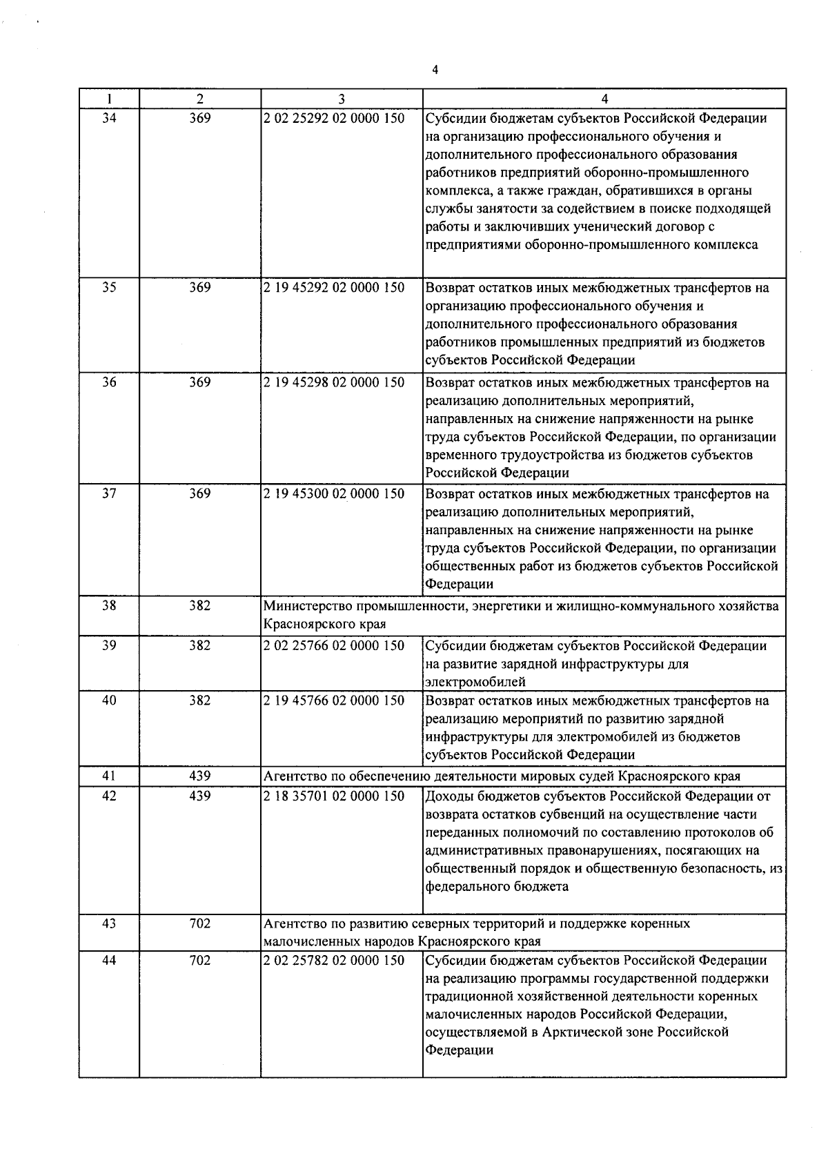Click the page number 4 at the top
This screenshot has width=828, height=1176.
coord(435,69)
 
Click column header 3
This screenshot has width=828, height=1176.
coord(341,99)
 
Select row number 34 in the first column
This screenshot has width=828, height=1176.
coord(109,118)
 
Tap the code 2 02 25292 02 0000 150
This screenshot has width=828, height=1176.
coord(334,118)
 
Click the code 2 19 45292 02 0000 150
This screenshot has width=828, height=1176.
coord(334,288)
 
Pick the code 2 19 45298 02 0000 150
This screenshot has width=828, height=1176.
coord(334,382)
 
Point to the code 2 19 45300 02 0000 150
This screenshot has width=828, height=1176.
coord(334,494)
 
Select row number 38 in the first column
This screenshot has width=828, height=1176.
coord(109,606)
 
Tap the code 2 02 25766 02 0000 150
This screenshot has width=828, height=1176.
coord(334,646)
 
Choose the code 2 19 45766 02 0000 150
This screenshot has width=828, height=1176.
coord(334,700)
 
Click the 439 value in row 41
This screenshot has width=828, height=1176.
coord(199,776)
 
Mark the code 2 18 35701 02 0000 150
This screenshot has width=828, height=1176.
coord(334,796)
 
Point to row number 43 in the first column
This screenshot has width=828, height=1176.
coord(109,923)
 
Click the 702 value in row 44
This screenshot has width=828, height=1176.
coord(199,961)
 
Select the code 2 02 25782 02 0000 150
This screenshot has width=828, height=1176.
coord(334,961)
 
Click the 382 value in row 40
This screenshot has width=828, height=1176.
coord(199,700)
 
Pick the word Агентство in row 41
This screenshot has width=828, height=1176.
coord(292,776)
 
